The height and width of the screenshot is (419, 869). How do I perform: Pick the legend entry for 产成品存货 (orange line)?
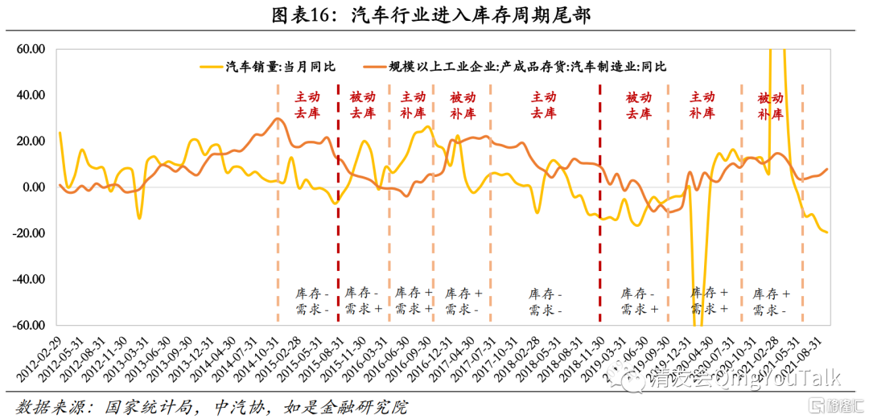click(x=528, y=67)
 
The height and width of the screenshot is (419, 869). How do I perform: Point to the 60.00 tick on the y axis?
click(x=31, y=49)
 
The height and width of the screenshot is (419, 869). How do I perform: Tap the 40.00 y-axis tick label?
click(x=31, y=95)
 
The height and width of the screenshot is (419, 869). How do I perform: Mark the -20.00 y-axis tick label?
click(x=29, y=233)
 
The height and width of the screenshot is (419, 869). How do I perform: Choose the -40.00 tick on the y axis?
click(x=29, y=280)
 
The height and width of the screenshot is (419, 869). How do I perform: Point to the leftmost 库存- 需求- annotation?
click(x=309, y=301)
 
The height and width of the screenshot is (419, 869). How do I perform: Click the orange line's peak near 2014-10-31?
click(x=278, y=119)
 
